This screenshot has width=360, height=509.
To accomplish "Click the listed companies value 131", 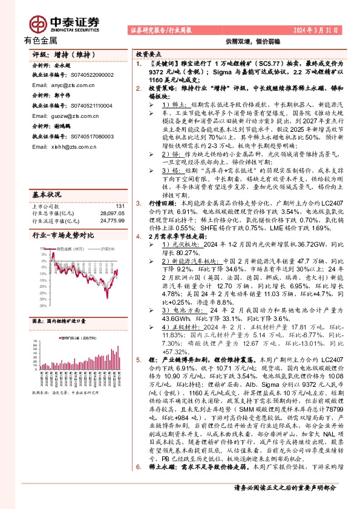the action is tap(119, 190).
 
